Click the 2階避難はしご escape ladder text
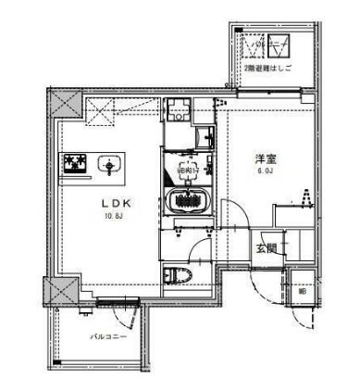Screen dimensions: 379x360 click(x=266, y=69)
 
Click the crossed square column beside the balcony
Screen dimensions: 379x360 click(x=60, y=293)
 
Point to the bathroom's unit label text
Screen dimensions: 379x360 click(x=185, y=172)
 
